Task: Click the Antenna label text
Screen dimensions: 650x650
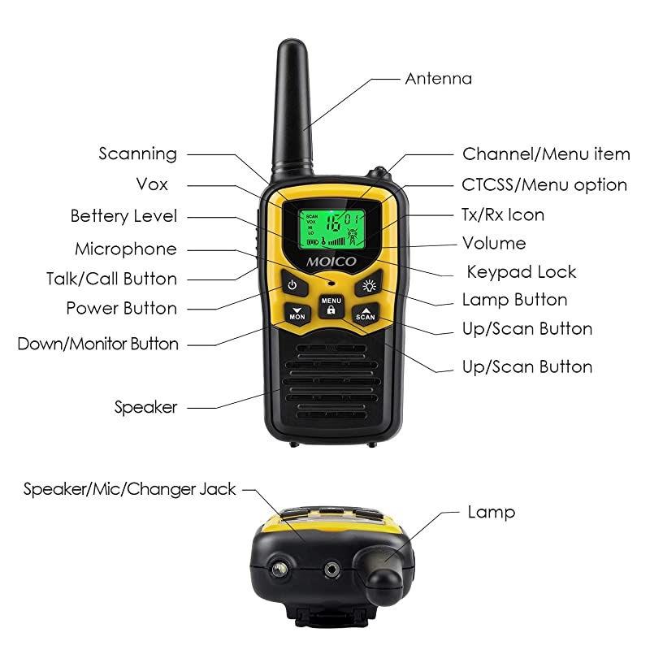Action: (x=438, y=79)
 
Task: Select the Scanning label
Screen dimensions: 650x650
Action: (x=137, y=154)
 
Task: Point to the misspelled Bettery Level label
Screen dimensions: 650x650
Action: (x=123, y=216)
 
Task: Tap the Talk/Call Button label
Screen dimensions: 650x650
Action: (x=111, y=279)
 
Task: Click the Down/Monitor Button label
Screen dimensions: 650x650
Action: (x=97, y=344)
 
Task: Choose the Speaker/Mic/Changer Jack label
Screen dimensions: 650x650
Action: (x=129, y=489)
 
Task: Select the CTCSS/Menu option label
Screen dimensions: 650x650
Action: (x=544, y=185)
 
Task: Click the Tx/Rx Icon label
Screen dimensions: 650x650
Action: (x=503, y=215)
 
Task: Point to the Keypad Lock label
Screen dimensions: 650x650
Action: (x=521, y=271)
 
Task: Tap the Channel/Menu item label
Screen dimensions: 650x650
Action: (x=546, y=154)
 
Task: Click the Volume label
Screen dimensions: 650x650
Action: (x=494, y=243)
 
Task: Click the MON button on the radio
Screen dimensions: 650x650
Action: (x=297, y=314)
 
